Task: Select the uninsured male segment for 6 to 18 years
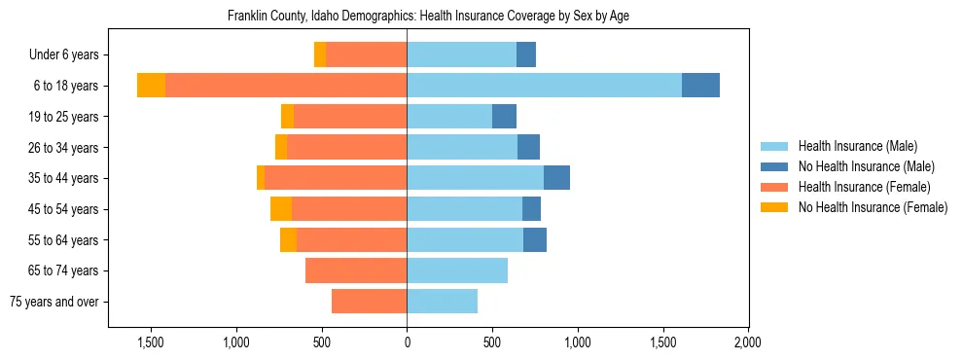coord(700,86)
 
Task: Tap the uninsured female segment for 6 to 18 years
coord(151,86)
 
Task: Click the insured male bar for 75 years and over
coord(442,302)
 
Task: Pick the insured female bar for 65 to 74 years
coord(356,270)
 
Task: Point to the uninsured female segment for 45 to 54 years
coord(281,209)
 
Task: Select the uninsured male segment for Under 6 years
coord(525,55)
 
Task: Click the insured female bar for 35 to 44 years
coord(336,178)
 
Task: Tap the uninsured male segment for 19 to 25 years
coord(504,117)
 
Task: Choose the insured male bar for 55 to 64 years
coord(465,240)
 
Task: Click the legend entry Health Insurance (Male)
coord(857,146)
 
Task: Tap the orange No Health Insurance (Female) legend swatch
coord(774,207)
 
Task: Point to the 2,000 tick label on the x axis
coord(748,342)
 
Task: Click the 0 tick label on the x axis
coord(407,342)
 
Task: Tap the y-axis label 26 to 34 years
coord(63,148)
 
